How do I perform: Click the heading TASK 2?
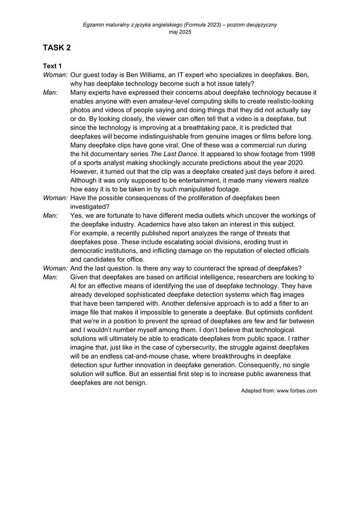pyautogui.click(x=57, y=48)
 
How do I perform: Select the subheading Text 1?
pyautogui.click(x=53, y=66)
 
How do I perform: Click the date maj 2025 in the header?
pyautogui.click(x=180, y=32)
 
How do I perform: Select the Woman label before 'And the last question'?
pyautogui.click(x=55, y=268)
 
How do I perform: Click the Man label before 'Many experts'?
pyautogui.click(x=50, y=92)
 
